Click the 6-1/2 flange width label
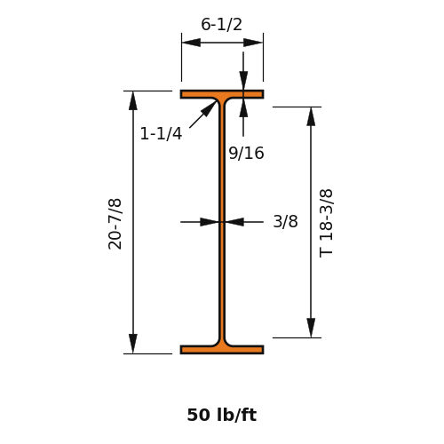[221, 24]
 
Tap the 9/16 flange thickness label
[246, 154]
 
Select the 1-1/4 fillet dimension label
[161, 133]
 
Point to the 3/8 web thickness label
[285, 221]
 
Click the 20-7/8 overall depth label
[115, 224]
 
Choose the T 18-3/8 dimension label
[326, 223]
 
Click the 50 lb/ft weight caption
[222, 415]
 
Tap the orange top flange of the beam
[222, 94]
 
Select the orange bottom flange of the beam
[222, 350]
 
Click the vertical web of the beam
[222, 222]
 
